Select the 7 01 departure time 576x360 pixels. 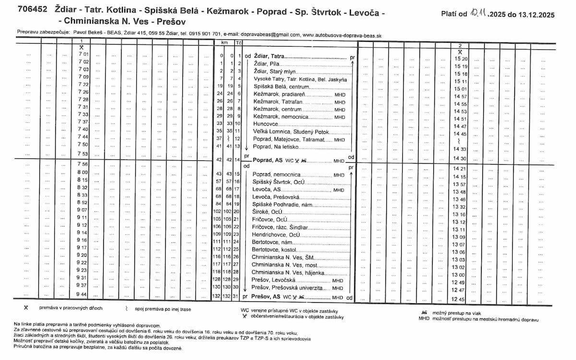pos(84,55)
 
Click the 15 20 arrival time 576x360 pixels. pos(460,59)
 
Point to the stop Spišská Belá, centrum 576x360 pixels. pos(277,86)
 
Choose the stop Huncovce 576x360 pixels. pos(264,124)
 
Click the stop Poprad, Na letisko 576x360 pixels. pos(276,146)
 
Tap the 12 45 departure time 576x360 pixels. pos(460,299)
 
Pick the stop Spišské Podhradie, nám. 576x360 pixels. pos(279,204)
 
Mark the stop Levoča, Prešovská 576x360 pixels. pos(276,196)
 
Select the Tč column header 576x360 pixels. pos(238,43)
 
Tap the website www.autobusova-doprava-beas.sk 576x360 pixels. pos(342,35)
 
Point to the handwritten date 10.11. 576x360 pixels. pos(478,14)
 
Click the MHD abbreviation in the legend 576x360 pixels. pos(424,319)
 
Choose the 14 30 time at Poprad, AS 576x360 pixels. pos(460,158)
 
